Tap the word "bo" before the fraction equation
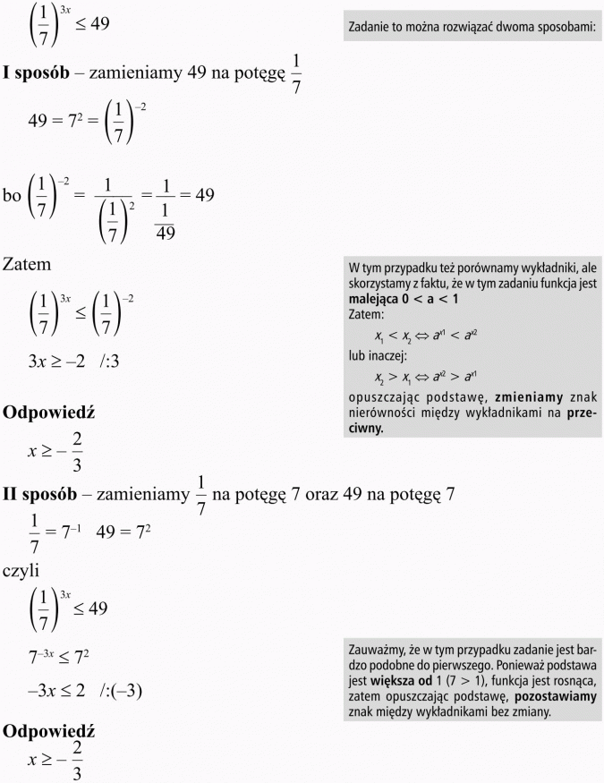tap(13, 194)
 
